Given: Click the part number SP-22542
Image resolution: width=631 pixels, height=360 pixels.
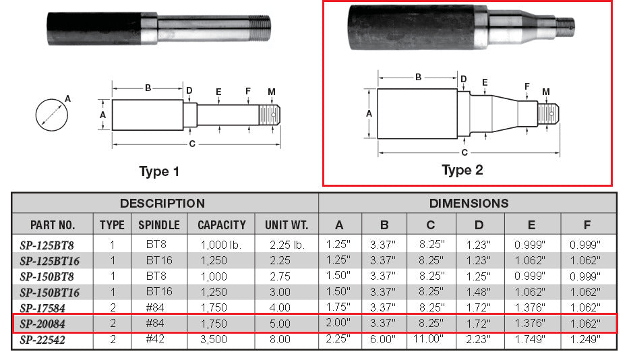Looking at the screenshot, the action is coord(42,340).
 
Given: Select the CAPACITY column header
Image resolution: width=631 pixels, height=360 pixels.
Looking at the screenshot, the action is coord(221,225).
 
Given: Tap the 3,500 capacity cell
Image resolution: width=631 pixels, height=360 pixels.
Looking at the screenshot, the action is coord(214,340).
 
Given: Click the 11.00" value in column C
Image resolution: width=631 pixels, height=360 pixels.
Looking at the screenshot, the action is coord(428,338).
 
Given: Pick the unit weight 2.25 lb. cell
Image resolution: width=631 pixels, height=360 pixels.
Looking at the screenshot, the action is coord(287,245).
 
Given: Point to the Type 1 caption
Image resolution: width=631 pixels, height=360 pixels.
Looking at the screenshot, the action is coord(159,171).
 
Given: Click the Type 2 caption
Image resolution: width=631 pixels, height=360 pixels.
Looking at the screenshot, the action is coord(462,170).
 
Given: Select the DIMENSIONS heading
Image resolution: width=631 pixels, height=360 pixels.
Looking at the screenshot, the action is coord(469,203).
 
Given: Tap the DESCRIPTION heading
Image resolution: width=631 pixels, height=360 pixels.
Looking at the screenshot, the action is coord(162,203).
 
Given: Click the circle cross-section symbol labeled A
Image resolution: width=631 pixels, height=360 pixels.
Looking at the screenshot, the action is coord(52,115).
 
